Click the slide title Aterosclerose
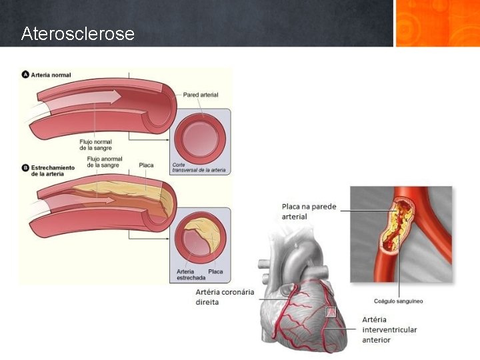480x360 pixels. point(77,33)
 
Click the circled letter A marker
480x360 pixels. point(25,75)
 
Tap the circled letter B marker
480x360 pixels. point(25,167)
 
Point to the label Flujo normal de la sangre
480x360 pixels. point(95,145)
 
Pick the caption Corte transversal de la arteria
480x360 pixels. point(199,167)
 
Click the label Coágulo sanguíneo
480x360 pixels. point(399,301)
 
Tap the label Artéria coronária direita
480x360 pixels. point(225,297)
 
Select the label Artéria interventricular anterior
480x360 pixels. point(389,330)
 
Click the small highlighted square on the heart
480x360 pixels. point(331,312)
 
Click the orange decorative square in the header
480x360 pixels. point(437,23)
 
